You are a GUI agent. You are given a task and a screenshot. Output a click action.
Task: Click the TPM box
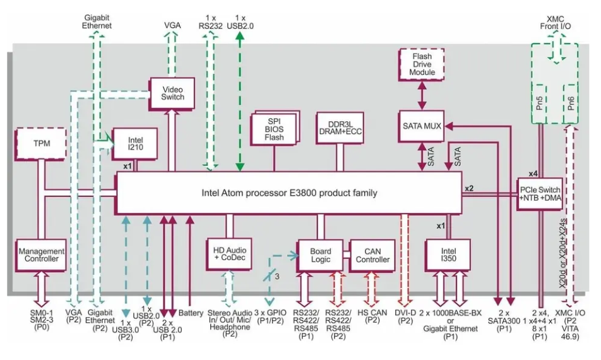click(x=41, y=144)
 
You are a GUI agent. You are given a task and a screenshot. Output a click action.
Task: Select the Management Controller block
click(x=42, y=255)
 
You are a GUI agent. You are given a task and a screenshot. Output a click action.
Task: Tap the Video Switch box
click(x=172, y=93)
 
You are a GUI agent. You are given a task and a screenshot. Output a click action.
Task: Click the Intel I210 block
click(x=133, y=144)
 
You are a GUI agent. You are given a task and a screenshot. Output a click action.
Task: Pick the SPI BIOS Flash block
click(x=275, y=128)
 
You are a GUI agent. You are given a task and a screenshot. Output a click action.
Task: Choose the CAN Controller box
click(x=372, y=255)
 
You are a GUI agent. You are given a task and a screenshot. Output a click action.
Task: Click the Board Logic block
click(x=320, y=255)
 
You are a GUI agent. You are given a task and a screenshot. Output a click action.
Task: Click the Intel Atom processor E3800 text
click(x=289, y=193)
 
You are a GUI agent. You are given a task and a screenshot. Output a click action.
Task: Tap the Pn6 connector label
click(x=571, y=102)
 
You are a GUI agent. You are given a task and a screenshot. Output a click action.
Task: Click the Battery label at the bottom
click(x=191, y=313)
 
